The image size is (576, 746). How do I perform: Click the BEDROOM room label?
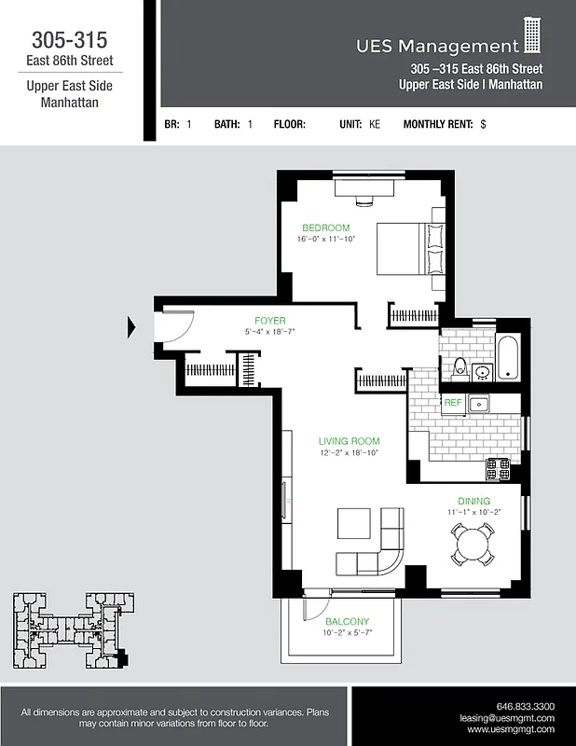pyautogui.click(x=325, y=228)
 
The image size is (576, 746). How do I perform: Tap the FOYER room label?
pyautogui.click(x=270, y=321)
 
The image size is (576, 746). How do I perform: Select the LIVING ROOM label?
pyautogui.click(x=349, y=441)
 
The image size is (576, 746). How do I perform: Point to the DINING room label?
pyautogui.click(x=473, y=501)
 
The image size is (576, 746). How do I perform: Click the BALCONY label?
pyautogui.click(x=347, y=622)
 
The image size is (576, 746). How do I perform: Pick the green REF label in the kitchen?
pyautogui.click(x=453, y=403)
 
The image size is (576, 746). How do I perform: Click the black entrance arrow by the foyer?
pyautogui.click(x=131, y=326)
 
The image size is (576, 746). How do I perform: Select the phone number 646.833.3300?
pyautogui.click(x=527, y=706)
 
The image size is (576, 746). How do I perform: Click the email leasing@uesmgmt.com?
pyautogui.click(x=507, y=718)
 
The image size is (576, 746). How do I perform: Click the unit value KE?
pyautogui.click(x=375, y=124)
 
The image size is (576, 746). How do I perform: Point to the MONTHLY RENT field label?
pyautogui.click(x=438, y=124)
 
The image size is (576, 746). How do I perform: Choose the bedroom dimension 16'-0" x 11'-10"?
pyautogui.click(x=327, y=240)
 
